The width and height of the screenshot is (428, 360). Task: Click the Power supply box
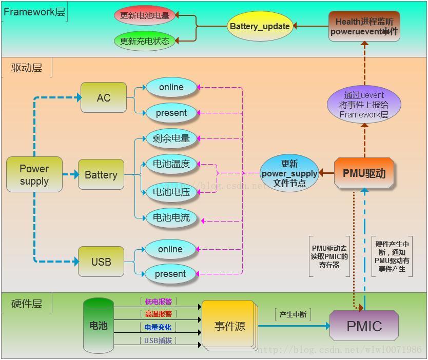(34, 174)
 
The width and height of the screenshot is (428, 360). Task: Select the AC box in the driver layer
(103, 97)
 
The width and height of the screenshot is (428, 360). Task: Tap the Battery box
(101, 175)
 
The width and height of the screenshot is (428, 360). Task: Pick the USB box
(101, 262)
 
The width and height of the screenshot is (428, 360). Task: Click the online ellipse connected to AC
(171, 87)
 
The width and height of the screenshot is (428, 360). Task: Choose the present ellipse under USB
(170, 274)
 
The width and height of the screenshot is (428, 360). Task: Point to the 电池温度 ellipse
(171, 164)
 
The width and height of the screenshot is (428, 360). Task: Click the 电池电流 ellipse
(171, 217)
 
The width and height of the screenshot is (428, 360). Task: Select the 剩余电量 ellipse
(171, 138)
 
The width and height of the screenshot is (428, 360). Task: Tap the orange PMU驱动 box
(364, 173)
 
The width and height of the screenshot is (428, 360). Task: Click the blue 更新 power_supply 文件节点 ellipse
(289, 173)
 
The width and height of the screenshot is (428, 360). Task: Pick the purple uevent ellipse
(364, 105)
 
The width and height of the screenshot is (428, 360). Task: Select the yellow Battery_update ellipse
(260, 26)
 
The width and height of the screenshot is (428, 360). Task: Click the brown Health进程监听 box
(364, 26)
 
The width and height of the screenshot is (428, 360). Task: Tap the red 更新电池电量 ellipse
(144, 15)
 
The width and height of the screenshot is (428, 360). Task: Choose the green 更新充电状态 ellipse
(144, 41)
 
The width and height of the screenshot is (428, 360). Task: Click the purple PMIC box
(364, 326)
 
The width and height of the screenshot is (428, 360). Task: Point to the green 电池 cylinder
(99, 326)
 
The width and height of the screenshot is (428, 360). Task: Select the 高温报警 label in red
(158, 314)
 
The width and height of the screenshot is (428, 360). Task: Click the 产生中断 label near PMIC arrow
(293, 314)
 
